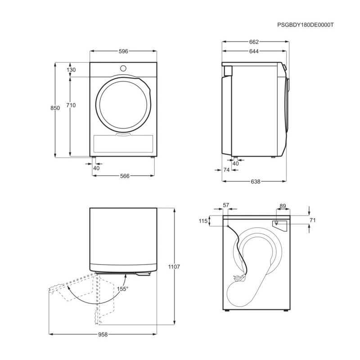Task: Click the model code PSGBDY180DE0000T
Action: pos(306,26)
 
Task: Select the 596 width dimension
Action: pos(123,51)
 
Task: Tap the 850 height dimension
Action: pos(55,108)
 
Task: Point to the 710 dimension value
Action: pos(71,105)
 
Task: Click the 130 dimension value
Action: pos(71,70)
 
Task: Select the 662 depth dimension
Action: pos(254,42)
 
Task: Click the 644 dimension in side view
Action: pos(254,51)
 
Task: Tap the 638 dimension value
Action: pos(255,182)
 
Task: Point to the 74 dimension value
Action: pos(226,170)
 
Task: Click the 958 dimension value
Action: pos(103,335)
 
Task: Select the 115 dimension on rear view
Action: pos(203,221)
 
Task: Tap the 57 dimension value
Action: pos(226,205)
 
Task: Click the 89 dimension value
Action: pos(283,206)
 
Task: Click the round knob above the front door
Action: pos(123,68)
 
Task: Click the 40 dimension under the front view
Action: pos(96,168)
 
